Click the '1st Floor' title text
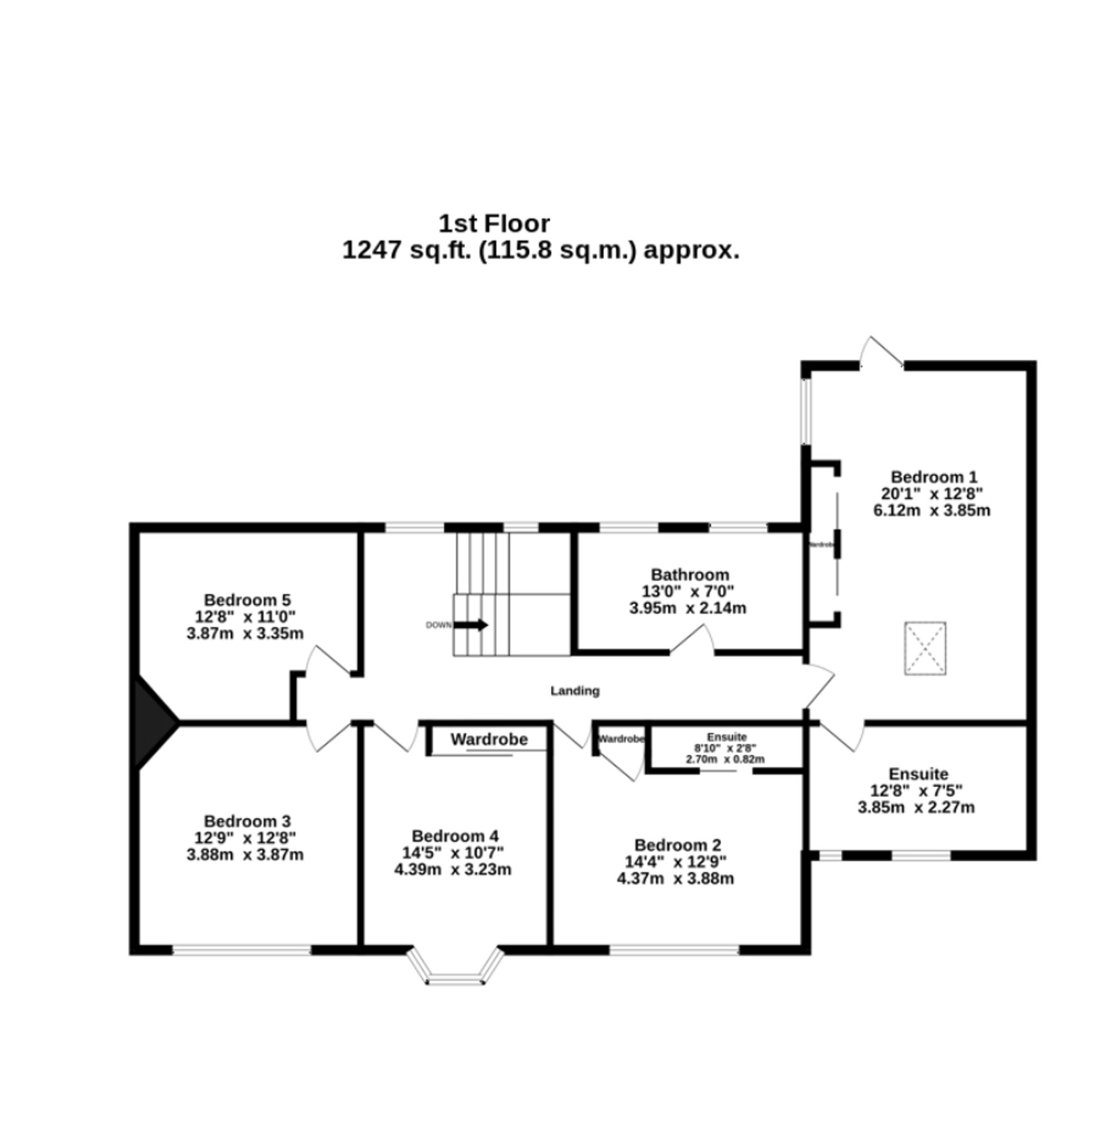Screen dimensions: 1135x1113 494,224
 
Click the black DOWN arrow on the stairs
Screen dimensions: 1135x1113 471,625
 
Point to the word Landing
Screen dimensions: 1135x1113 575,691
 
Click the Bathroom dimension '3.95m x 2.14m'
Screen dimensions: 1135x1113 687,608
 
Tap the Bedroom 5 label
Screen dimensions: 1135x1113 247,600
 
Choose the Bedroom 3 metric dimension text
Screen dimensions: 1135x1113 245,855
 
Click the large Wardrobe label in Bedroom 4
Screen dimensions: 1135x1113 489,740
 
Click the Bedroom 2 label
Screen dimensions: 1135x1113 677,846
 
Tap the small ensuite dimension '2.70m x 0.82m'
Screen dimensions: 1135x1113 725,760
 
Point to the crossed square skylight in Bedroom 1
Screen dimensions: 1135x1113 925,648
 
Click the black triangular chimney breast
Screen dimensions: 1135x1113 151,723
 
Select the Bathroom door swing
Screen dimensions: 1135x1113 693,640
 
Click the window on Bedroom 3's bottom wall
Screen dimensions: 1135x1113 242,950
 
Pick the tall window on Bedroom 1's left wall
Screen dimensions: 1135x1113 805,412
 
